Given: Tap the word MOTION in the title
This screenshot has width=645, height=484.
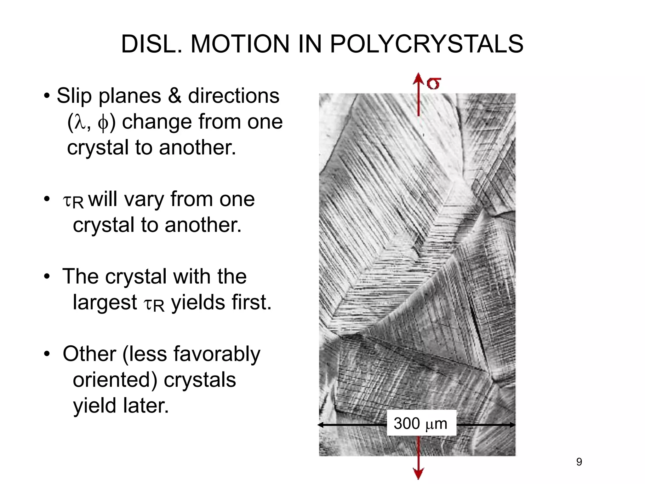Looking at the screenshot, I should [x=240, y=44].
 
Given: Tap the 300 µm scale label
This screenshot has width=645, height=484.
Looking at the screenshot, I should [x=421, y=423].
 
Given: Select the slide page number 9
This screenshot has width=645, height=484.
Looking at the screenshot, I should [x=579, y=462].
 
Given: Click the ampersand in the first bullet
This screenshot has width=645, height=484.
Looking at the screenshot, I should [x=174, y=96].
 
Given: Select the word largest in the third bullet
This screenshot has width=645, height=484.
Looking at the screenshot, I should [x=105, y=303].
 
